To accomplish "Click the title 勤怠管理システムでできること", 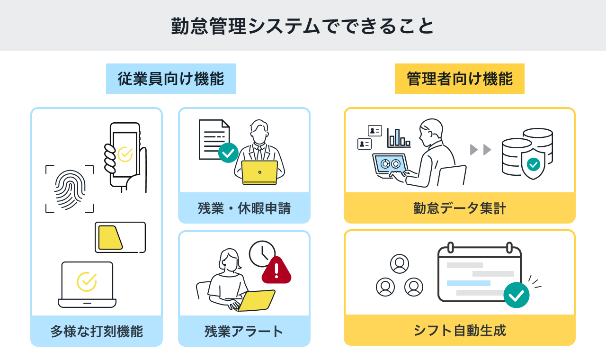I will click(x=303, y=26).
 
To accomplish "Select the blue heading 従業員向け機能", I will click(x=170, y=79).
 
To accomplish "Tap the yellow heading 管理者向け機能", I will click(x=459, y=79).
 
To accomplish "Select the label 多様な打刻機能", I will click(x=97, y=331).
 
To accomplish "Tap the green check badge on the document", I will click(x=228, y=153).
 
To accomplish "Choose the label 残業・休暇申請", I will click(x=244, y=208).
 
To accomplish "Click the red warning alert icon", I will click(x=276, y=270).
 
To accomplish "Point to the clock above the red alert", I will click(x=262, y=254).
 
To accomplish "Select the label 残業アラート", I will click(x=244, y=331).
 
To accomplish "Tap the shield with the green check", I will click(x=533, y=164).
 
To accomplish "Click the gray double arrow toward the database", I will click(x=481, y=150).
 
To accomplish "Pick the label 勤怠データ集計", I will click(x=459, y=208).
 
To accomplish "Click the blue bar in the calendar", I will click(x=468, y=283).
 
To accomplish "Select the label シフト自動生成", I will click(x=459, y=330).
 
